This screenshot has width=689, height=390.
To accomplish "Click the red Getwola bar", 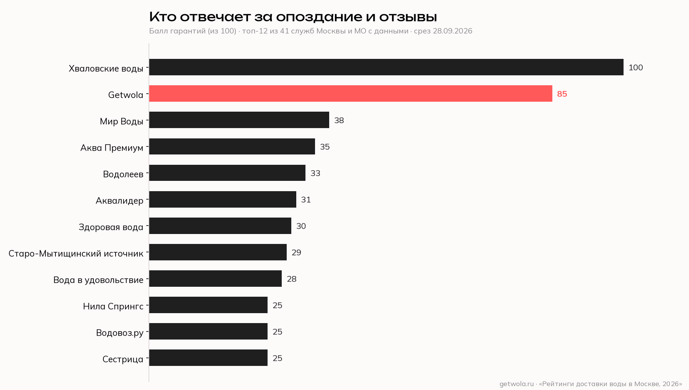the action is coord(351,94).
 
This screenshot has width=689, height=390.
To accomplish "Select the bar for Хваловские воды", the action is coord(386,67).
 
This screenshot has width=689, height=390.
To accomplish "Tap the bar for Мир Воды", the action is coord(239,120).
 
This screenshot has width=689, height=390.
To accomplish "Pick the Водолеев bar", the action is coord(227,173).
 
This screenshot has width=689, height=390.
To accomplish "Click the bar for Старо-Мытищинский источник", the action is coord(218,252).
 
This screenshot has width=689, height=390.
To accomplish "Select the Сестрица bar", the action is coord(208,358).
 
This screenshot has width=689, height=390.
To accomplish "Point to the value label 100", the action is coord(636,68).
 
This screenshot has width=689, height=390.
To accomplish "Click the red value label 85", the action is coord(562,94).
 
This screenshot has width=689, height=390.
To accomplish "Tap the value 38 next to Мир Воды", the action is coord(339,120).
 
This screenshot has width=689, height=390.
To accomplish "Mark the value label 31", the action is coord(306,200).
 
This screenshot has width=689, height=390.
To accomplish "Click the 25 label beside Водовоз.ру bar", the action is coord(278,332).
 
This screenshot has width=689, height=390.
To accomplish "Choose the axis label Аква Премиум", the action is coord(112,148).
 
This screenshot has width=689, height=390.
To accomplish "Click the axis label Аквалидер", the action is coord(119,201).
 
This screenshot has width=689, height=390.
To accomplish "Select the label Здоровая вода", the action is coord(111,227).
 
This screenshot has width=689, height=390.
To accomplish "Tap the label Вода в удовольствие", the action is coord(98,280).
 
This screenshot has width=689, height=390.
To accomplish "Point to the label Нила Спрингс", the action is coord(113,306).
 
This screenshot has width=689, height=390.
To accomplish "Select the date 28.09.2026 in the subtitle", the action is coord(452,31).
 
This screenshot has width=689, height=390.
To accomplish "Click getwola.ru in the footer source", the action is coord(516,384).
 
